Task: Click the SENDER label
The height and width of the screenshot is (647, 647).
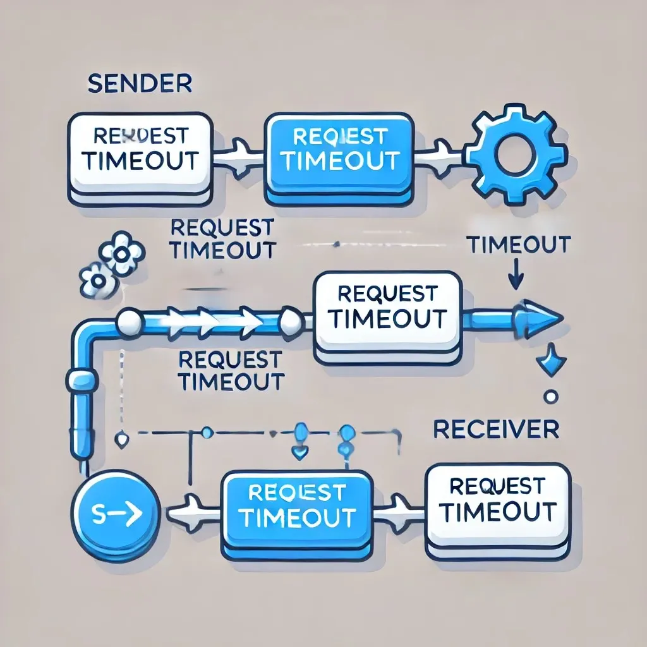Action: (x=140, y=84)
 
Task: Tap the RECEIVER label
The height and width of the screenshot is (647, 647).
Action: (x=496, y=429)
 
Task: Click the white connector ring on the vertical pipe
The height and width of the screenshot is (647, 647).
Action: (x=81, y=380)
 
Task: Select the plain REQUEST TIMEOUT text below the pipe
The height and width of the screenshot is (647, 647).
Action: (x=230, y=370)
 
